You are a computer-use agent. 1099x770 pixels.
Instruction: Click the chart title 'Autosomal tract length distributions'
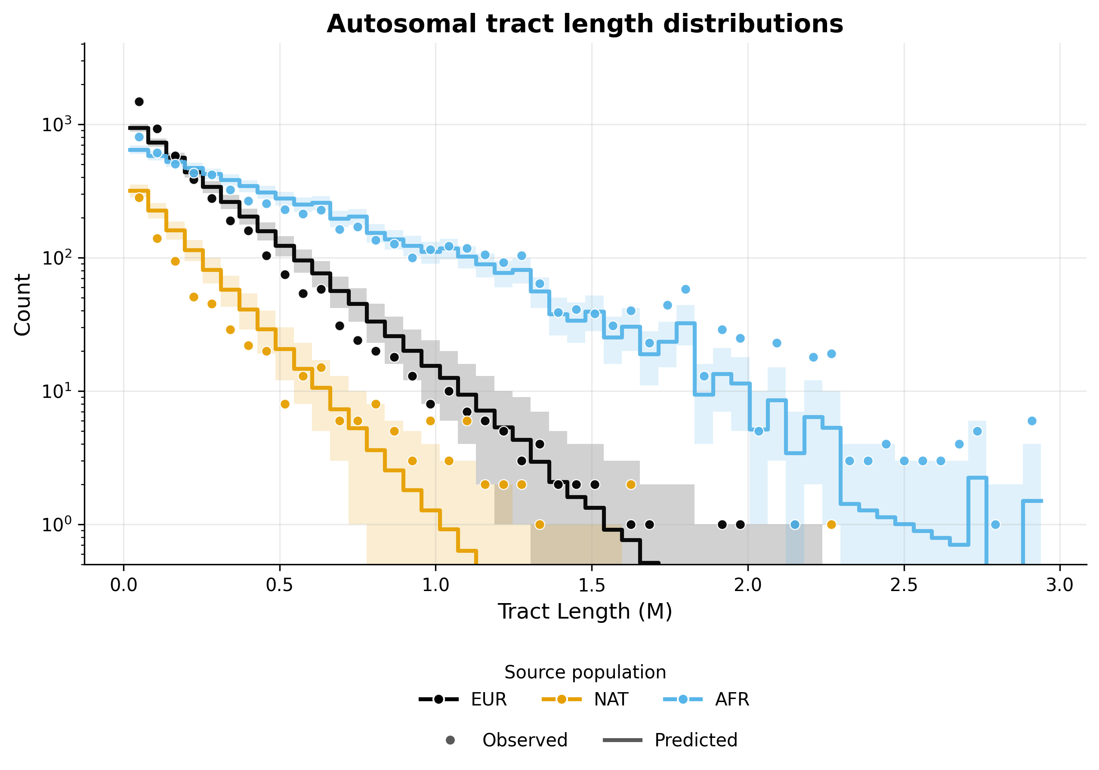(584, 24)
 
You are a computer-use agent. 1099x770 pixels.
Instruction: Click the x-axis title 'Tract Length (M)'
(584, 612)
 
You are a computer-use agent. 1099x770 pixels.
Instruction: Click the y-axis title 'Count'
(22, 305)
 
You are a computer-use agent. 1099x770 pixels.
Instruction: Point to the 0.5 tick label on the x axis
(280, 585)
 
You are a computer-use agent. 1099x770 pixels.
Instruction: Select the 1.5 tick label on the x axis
(592, 585)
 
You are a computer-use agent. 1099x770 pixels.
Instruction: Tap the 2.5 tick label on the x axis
(904, 585)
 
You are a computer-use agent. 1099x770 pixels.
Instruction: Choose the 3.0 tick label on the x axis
(1060, 585)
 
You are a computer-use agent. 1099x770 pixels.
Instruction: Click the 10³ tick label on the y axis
(56, 125)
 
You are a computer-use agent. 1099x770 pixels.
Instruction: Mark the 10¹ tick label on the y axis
(56, 391)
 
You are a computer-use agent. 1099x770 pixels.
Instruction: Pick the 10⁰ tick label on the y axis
(56, 525)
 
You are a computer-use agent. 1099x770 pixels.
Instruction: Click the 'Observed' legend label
(525, 740)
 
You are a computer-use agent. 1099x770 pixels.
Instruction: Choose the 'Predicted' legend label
(695, 740)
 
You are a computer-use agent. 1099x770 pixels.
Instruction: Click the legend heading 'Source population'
(585, 672)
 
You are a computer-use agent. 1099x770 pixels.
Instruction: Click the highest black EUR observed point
(139, 102)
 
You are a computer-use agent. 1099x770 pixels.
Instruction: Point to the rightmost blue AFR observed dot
(1032, 421)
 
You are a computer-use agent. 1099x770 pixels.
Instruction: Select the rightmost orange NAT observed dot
(831, 524)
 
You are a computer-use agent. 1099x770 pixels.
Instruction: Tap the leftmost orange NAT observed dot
(139, 197)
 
